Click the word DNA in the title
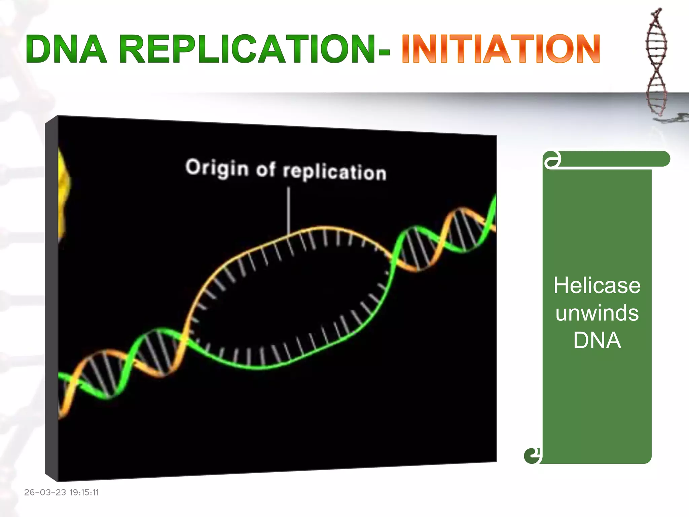(x=66, y=49)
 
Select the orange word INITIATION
(x=501, y=49)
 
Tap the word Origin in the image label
(x=217, y=168)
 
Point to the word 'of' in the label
(x=265, y=169)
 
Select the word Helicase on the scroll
(x=597, y=286)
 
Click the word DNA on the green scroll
(x=597, y=340)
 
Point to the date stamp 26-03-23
(x=45, y=492)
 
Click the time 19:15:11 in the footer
(x=84, y=492)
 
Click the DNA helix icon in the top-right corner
(x=656, y=62)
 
